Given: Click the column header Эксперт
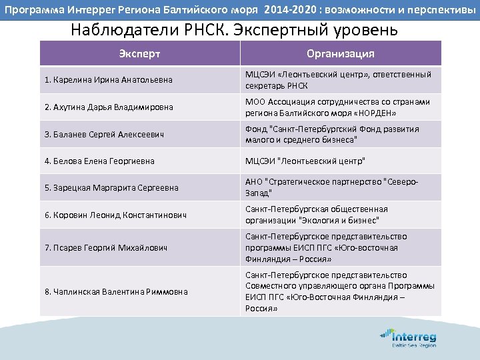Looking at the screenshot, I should [x=140, y=54].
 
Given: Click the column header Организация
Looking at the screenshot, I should [x=340, y=54].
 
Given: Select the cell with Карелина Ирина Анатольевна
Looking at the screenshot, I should [x=108, y=80].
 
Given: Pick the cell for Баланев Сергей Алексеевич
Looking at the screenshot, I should [x=105, y=134].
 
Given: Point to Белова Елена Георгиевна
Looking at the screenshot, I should [x=99, y=161].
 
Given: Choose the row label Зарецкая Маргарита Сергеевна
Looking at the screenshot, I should [x=111, y=188].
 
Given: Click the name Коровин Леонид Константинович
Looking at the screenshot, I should [x=115, y=215].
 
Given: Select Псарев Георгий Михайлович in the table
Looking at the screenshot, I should [x=106, y=247].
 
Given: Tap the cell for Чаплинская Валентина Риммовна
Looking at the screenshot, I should [x=116, y=291].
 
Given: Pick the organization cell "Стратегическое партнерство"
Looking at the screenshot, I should [x=339, y=187].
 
